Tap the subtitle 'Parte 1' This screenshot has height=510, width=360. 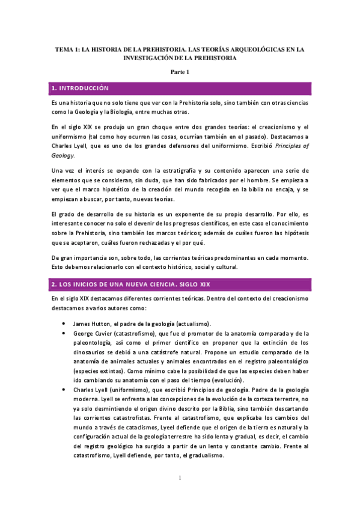point(180,72)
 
